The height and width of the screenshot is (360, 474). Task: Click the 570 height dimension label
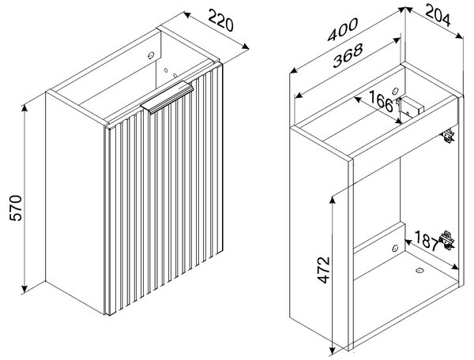click(x=16, y=208)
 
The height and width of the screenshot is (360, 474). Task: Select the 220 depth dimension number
click(x=221, y=21)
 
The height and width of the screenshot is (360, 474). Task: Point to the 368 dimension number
click(x=348, y=55)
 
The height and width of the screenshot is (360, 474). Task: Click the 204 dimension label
click(x=438, y=16)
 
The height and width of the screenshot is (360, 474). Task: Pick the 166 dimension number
click(x=381, y=101)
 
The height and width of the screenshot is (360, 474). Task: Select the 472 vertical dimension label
click(x=324, y=270)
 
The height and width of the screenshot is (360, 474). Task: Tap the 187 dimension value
click(x=427, y=241)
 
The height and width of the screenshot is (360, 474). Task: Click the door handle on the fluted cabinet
click(x=167, y=97)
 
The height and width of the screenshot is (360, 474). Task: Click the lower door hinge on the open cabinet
click(x=447, y=241)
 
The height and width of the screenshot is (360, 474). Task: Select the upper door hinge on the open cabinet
click(x=449, y=136)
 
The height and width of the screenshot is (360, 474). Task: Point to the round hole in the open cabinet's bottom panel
click(x=419, y=270)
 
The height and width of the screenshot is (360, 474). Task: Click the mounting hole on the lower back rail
click(x=395, y=248)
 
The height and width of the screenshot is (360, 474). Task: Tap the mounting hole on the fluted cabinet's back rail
click(x=151, y=55)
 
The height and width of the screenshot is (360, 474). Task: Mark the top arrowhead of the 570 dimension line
click(x=24, y=108)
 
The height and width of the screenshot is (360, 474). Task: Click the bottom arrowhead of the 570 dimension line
click(x=24, y=289)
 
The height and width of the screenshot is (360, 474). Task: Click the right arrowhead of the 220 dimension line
click(x=246, y=47)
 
